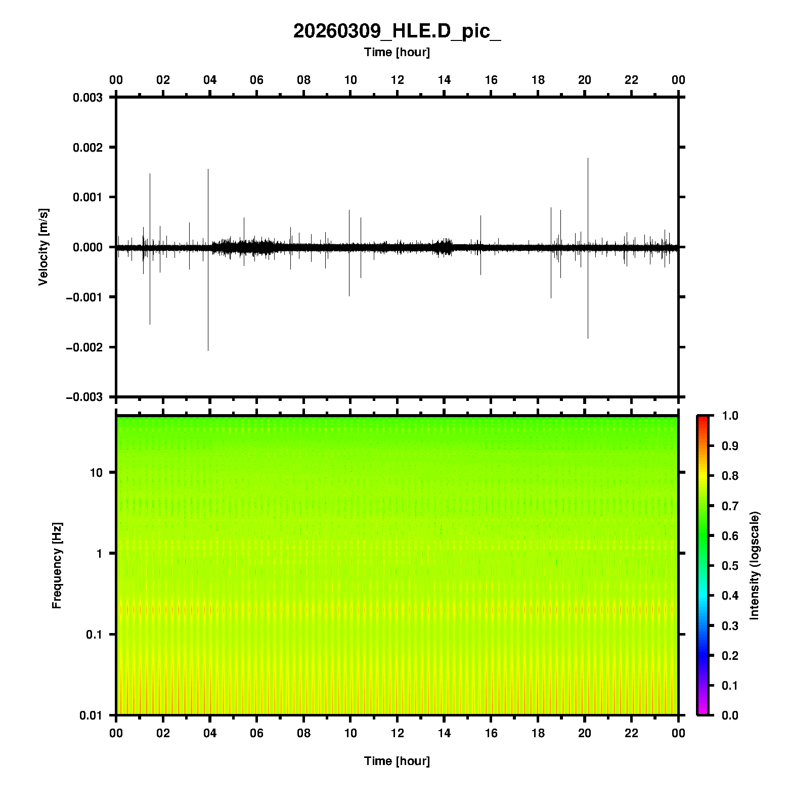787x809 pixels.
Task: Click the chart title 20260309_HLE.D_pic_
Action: [397, 31]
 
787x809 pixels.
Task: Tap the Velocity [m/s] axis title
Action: [43, 247]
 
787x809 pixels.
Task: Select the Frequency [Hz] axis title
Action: [57, 566]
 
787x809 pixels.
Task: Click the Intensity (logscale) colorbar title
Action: [755, 565]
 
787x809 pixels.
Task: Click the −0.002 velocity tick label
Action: [84, 347]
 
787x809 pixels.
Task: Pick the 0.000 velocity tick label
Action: [88, 247]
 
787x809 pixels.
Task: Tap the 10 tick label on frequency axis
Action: [96, 473]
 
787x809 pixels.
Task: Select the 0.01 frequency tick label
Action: [91, 715]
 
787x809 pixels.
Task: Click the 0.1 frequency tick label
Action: [94, 634]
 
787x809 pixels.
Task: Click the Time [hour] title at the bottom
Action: [397, 761]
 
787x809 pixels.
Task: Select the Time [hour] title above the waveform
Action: [397, 52]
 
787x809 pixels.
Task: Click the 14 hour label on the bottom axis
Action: [444, 733]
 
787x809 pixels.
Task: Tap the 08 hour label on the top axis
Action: [303, 80]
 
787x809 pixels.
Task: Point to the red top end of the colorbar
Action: [703, 419]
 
